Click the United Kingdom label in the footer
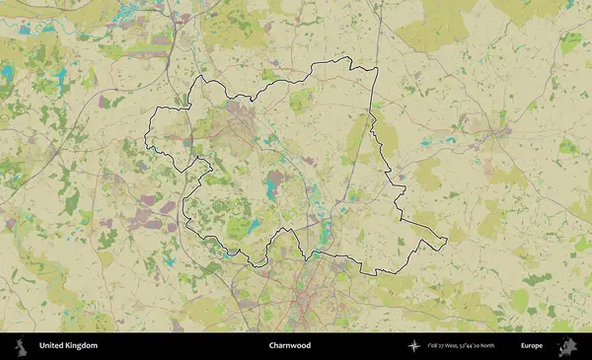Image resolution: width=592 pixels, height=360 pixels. pos(68,346)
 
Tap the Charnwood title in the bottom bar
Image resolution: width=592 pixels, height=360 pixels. pos(290,346)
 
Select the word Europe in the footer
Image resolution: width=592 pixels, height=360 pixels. pos(532,346)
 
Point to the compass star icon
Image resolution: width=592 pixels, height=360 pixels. pos(413,346)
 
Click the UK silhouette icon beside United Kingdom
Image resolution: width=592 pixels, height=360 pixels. pos(20,346)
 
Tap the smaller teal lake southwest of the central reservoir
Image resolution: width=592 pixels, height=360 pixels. pos(254,226)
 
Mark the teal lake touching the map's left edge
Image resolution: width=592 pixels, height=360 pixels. pos(7,73)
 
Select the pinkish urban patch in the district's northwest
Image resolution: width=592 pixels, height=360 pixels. pos(241,117)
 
